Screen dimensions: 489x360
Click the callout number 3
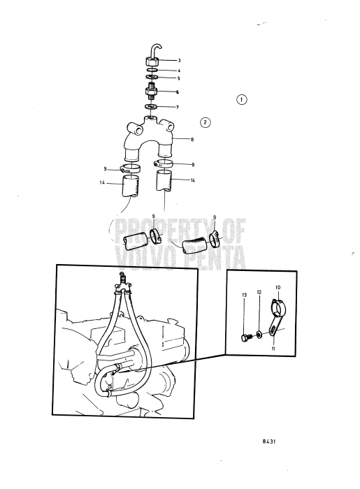[178, 61]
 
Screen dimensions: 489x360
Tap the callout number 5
[178, 78]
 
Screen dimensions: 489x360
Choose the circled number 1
[241, 100]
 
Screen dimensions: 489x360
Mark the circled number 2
[205, 123]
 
